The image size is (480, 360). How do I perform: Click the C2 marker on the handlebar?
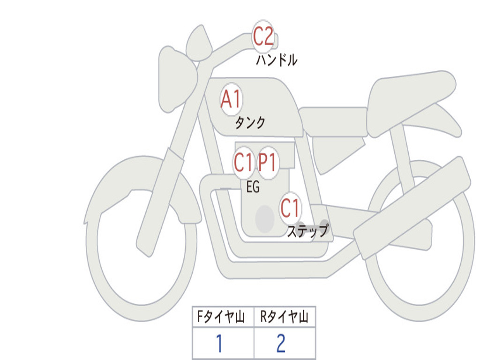coord(263,36)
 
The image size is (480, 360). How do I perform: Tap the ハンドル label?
coord(277,60)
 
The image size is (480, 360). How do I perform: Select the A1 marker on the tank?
coord(232,99)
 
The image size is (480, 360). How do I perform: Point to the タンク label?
coord(250,122)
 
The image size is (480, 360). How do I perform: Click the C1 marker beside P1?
coord(243,162)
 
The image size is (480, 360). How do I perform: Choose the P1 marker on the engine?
coord(268,162)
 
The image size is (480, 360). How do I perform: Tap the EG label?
coord(253,187)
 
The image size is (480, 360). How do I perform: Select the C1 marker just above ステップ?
coord(290,208)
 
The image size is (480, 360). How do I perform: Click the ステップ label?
coord(307,231)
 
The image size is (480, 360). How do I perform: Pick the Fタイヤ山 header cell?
coord(223,316)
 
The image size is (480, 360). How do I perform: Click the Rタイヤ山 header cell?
coord(285,316)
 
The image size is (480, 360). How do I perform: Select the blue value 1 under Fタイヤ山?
coord(219,343)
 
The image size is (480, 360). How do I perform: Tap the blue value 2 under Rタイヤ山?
coord(281,343)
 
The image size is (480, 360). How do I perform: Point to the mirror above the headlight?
coord(199,43)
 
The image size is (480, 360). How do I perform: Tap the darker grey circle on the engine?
coord(265,218)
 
